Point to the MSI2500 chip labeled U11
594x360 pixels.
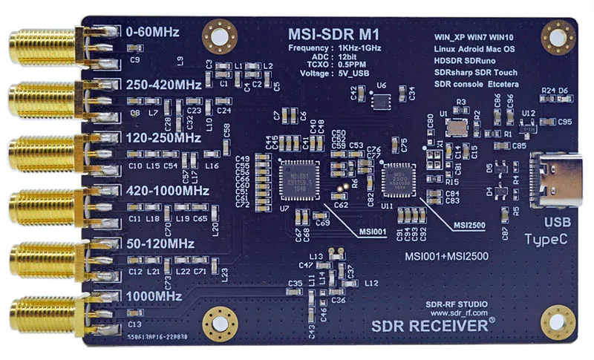click(399, 180)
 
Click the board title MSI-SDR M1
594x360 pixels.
click(333, 34)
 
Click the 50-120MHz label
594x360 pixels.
click(161, 244)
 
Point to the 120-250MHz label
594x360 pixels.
click(164, 138)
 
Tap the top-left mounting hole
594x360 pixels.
click(221, 35)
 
